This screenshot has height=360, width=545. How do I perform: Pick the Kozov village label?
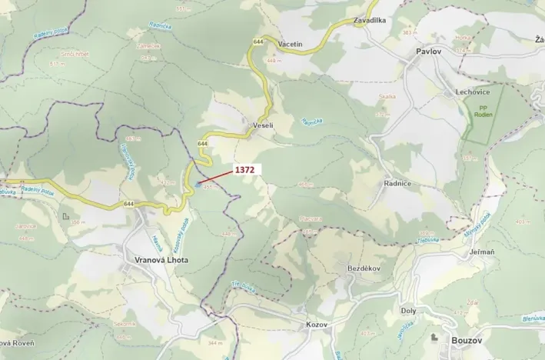click(x=316, y=324)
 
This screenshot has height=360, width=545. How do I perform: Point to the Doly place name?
click(x=409, y=310)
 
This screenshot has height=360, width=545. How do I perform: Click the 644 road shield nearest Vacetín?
click(x=258, y=41)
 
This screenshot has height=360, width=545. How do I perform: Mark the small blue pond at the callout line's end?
click(x=198, y=184)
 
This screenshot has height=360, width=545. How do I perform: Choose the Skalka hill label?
click(x=387, y=97)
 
